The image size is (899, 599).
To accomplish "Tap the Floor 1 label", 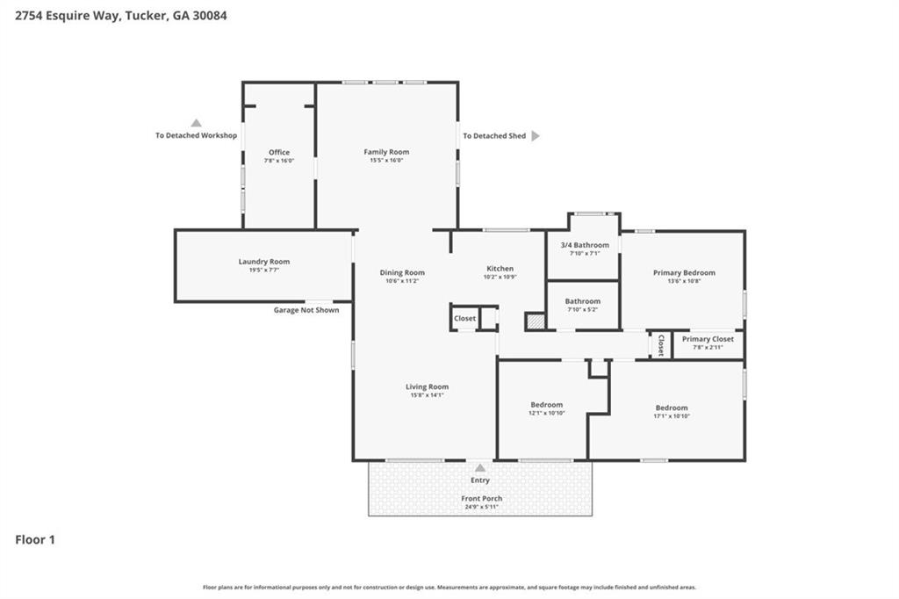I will (x=35, y=540).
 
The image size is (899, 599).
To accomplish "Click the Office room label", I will (x=279, y=153).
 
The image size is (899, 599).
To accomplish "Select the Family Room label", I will (x=386, y=152).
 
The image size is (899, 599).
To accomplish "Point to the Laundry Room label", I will (x=263, y=262).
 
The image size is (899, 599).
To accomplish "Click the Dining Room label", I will (x=402, y=272).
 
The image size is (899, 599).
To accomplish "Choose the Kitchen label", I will (x=500, y=269).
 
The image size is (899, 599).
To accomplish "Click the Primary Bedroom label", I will (x=684, y=273).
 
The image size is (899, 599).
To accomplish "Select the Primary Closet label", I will (x=708, y=339).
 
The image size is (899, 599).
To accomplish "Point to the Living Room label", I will (x=427, y=387).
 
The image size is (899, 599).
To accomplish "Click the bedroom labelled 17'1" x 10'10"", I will (x=672, y=408).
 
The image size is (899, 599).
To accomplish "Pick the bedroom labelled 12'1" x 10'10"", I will (x=546, y=405).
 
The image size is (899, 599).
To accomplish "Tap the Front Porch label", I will (x=482, y=499).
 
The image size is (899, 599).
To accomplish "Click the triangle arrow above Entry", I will (x=480, y=468).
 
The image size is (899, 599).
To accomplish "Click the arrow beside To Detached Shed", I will (x=536, y=136).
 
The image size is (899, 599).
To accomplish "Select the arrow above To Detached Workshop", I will (x=197, y=124).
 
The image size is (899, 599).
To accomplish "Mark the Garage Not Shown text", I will (x=306, y=310).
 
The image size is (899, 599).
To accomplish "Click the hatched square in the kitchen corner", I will (x=535, y=321).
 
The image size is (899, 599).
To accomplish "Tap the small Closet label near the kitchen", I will (x=464, y=319).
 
